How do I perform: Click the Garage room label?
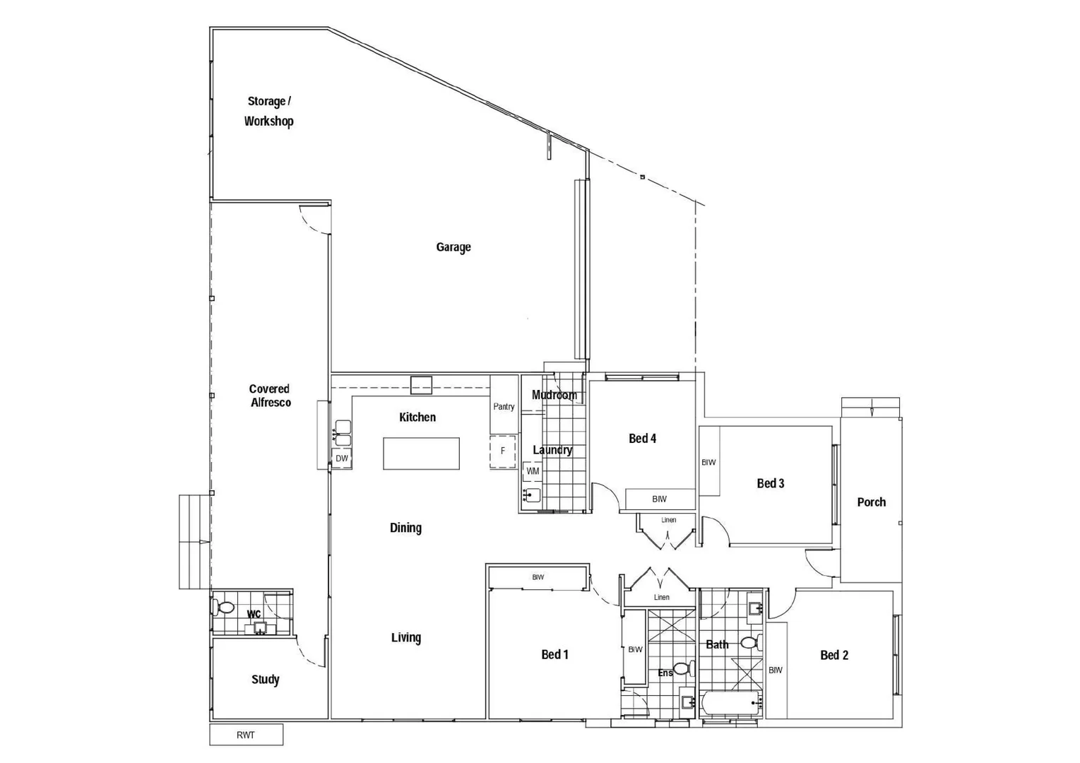(x=453, y=247)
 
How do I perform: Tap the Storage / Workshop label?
(x=268, y=112)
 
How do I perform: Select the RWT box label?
(x=246, y=735)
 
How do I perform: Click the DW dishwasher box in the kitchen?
(x=342, y=459)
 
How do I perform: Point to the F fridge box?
(x=503, y=451)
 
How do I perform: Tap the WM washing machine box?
(x=533, y=471)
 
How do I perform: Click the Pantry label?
(x=504, y=407)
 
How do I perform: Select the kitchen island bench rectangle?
(x=421, y=454)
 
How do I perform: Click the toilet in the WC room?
(x=225, y=607)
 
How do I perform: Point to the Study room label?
(x=266, y=680)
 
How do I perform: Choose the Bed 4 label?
(x=642, y=439)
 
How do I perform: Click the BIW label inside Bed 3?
(x=708, y=463)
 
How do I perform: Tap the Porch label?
(x=871, y=502)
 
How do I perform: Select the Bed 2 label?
(x=834, y=656)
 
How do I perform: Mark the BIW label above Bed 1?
(x=538, y=577)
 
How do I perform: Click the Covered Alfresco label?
(x=270, y=396)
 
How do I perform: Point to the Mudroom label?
(x=554, y=395)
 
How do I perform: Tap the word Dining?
(x=405, y=528)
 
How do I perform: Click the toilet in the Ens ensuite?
(x=682, y=668)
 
